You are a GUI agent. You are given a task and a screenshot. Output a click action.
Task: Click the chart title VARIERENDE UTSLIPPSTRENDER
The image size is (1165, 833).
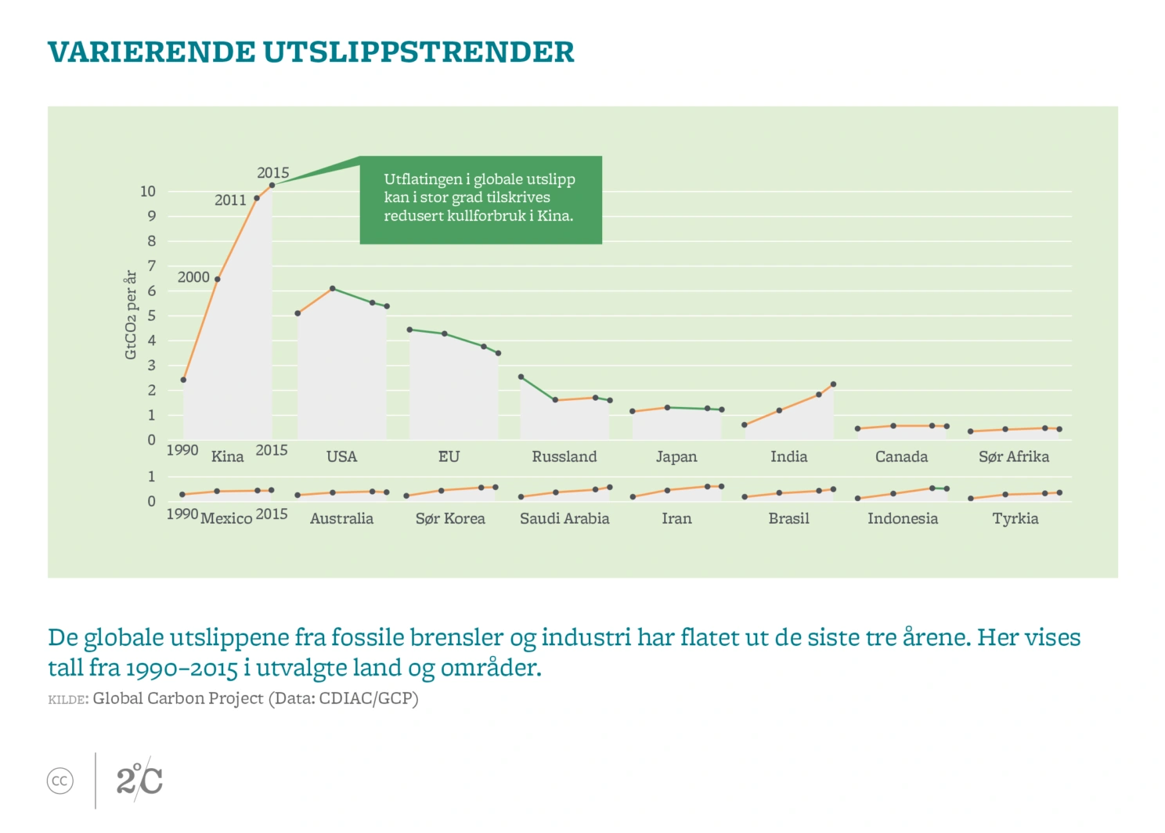[x=311, y=52]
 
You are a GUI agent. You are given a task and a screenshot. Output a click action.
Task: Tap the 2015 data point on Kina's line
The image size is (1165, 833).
[x=272, y=186]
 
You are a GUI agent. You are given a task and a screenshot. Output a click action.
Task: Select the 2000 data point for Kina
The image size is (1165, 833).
[x=217, y=279]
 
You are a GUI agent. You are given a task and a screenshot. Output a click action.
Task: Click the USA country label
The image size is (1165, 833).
[x=341, y=456]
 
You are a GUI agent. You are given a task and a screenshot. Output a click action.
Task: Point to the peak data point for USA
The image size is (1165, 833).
[x=333, y=289]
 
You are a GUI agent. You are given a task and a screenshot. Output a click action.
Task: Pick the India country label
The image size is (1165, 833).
[x=788, y=456]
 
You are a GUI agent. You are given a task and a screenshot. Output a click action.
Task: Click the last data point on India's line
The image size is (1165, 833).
[x=833, y=384]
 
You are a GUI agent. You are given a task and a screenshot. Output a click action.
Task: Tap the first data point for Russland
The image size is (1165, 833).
[x=521, y=377]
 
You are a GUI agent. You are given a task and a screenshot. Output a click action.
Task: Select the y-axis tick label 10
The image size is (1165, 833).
[x=148, y=191]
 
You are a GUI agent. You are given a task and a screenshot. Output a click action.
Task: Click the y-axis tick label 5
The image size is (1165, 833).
[x=152, y=316]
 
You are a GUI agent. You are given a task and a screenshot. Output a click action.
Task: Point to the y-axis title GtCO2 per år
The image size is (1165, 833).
[x=131, y=315]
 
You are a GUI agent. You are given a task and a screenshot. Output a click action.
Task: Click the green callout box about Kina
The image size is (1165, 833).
[x=481, y=200]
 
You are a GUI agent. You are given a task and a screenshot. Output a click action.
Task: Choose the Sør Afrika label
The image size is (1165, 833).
[x=1013, y=456]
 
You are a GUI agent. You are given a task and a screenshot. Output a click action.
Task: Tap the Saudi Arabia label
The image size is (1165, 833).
[x=564, y=518]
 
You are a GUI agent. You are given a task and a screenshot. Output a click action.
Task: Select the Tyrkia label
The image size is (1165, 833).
[x=1015, y=518]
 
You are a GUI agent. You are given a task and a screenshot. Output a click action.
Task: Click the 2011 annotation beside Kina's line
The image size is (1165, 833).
[x=230, y=200]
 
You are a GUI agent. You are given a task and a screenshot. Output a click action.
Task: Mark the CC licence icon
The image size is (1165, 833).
[x=60, y=781]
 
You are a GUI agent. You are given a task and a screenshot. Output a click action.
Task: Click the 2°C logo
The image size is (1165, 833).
[x=139, y=780]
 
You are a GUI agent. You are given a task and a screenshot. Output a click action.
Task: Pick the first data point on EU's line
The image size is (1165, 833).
[x=409, y=330]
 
